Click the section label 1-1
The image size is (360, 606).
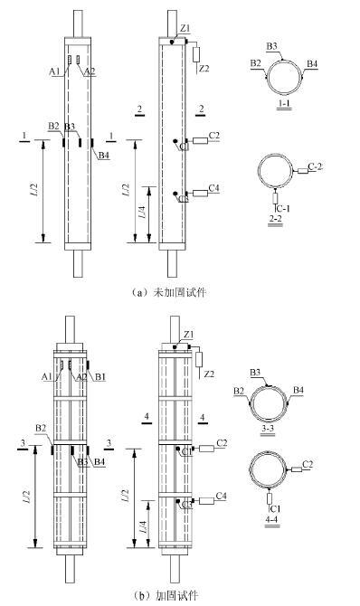click(284, 103)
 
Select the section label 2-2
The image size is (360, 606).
click(275, 219)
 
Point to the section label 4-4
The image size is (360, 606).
click(272, 519)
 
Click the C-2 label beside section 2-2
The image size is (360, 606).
click(315, 167)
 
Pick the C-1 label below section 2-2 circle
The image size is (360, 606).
click(283, 208)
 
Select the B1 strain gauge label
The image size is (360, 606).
click(100, 376)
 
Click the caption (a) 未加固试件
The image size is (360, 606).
click(168, 292)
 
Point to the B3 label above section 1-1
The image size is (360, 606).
click(271, 46)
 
